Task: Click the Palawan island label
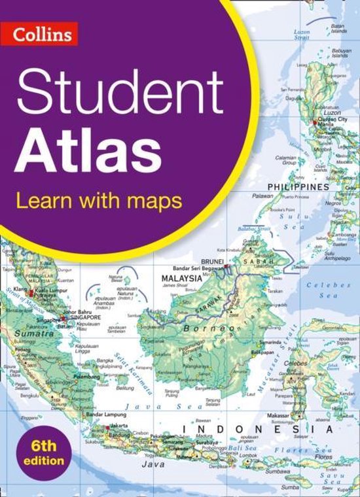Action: coord(262,196)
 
